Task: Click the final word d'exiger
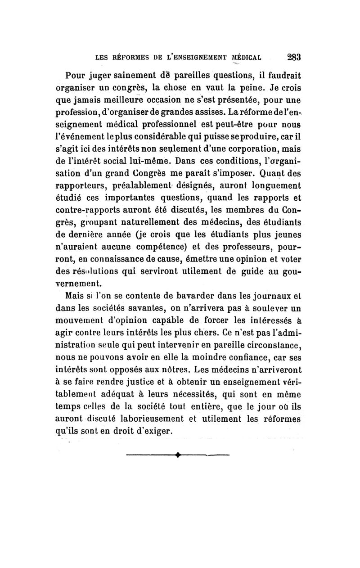(x=153, y=431)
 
